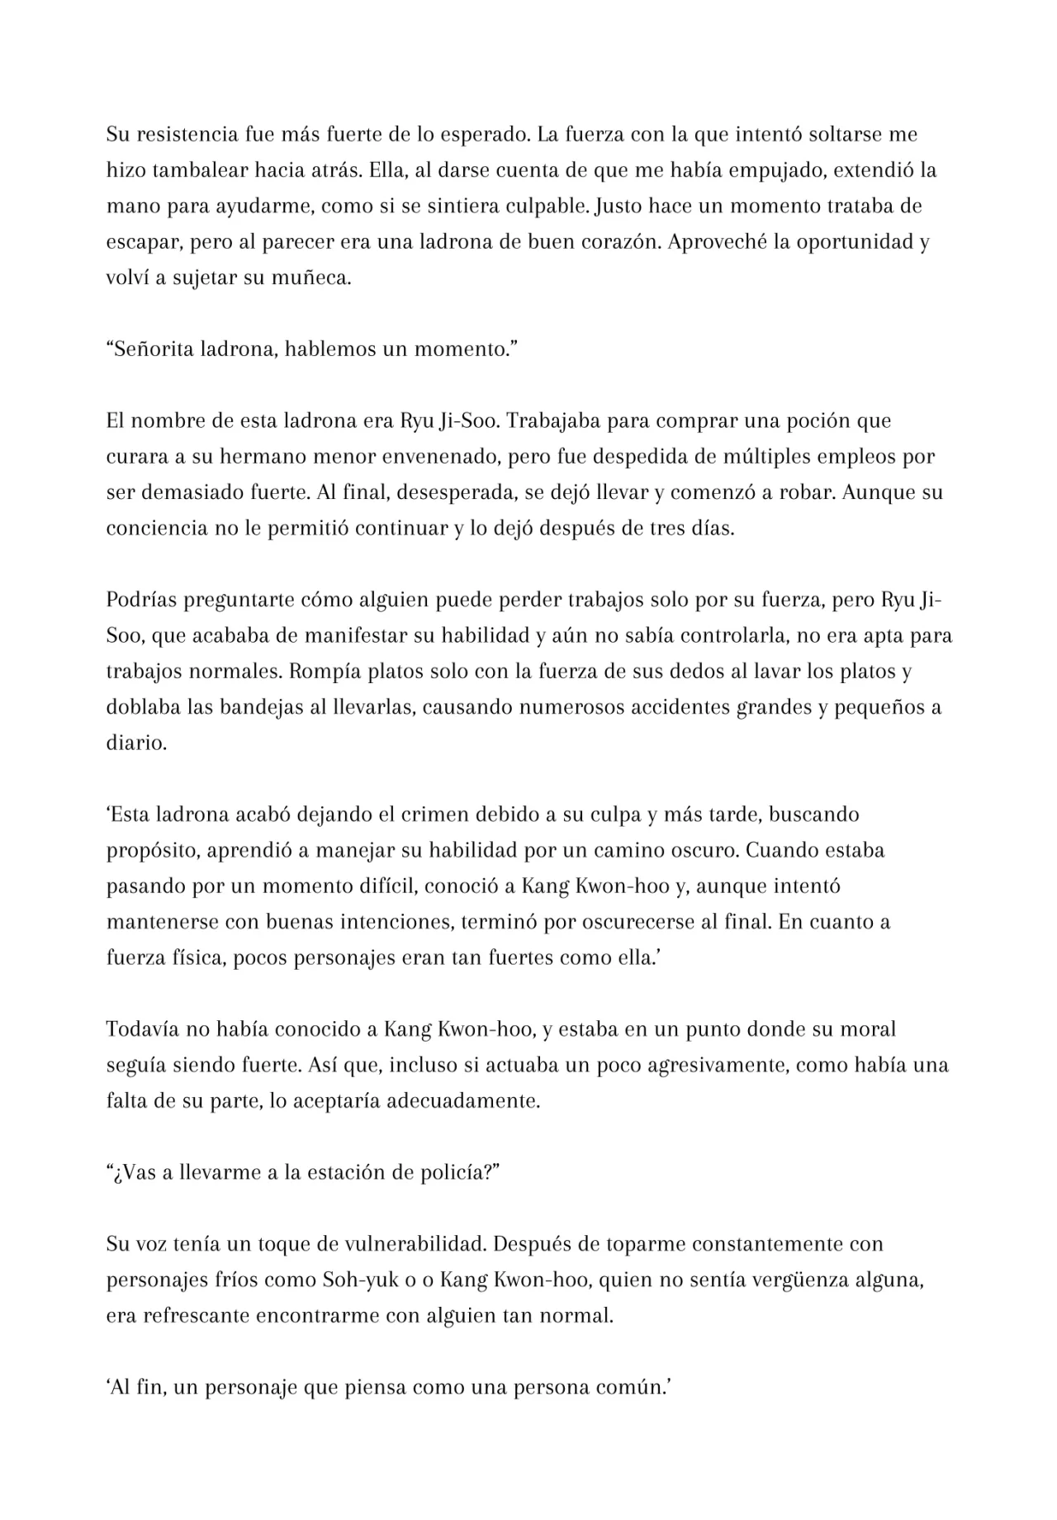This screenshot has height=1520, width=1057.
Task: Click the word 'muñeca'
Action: [311, 278]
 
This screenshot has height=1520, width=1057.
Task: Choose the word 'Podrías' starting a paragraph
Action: [140, 600]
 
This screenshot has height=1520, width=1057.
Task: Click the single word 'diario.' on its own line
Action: [136, 743]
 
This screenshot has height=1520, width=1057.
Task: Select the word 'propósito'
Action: [151, 850]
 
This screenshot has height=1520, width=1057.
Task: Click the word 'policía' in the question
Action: [462, 1172]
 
